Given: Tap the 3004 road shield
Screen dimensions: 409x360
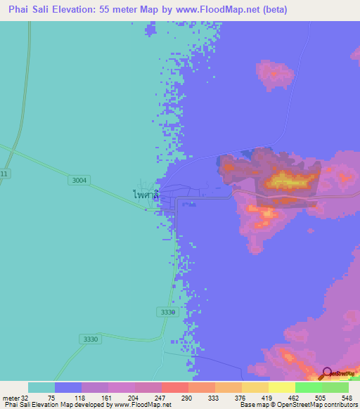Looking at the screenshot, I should coord(79,181).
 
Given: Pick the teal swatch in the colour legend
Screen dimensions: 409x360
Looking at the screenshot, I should coord(41,387).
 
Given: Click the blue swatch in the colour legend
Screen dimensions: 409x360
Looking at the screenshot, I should coord(67,387).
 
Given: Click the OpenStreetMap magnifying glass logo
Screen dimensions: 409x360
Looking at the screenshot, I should coord(327,373).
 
